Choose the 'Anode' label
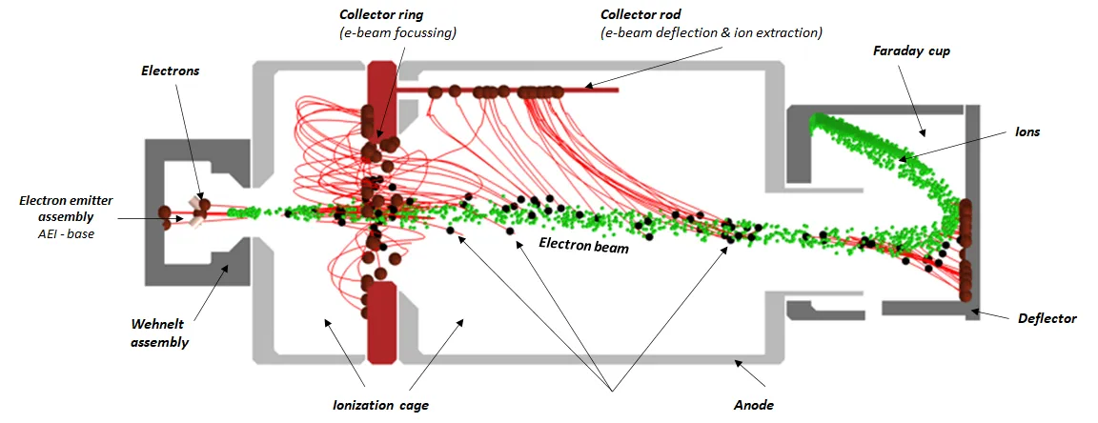753,405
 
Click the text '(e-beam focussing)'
398,33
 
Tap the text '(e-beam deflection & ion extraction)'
711,33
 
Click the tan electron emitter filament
194,213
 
